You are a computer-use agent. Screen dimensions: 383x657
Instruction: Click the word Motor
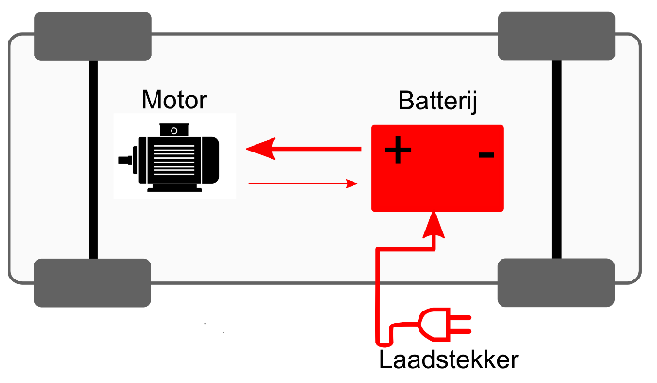(174, 100)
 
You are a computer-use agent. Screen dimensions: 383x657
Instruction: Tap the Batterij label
(437, 102)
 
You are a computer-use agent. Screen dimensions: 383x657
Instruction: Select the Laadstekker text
(449, 360)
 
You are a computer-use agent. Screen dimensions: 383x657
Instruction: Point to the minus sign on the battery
(485, 152)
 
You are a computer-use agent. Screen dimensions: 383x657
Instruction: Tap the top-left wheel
(92, 36)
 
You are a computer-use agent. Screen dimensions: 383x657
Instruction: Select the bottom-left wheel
(92, 282)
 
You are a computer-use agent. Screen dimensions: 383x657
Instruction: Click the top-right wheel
(555, 36)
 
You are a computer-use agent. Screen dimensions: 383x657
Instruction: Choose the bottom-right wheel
(555, 282)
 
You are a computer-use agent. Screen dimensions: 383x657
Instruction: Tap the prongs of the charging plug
(462, 325)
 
